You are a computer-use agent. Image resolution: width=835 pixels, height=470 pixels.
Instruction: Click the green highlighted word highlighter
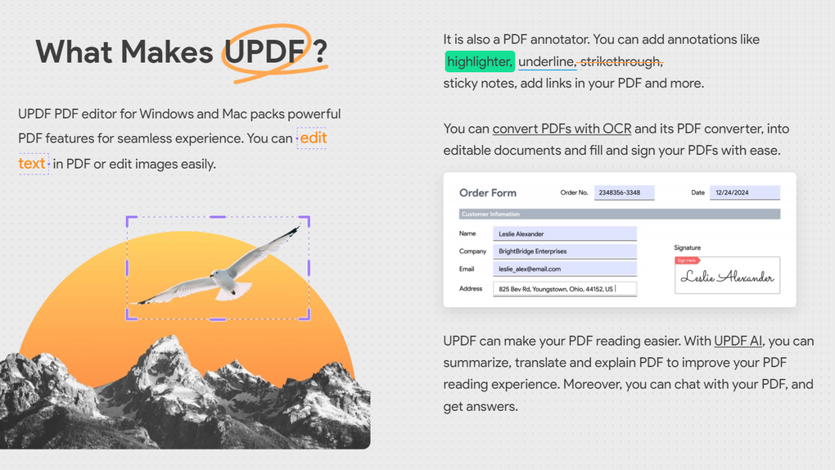click(480, 62)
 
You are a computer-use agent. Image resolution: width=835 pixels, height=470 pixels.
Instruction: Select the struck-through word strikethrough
click(621, 62)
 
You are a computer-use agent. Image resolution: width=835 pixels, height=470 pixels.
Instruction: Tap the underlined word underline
click(547, 62)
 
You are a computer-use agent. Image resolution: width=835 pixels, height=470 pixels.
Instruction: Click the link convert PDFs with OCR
click(562, 129)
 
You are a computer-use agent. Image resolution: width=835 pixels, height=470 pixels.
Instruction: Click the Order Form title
click(488, 193)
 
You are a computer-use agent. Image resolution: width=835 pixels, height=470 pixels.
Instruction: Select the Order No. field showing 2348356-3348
click(624, 193)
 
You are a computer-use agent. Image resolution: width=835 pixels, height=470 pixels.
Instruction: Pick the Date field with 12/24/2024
click(744, 193)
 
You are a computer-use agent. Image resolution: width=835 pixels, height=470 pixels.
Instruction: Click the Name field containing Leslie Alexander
click(565, 234)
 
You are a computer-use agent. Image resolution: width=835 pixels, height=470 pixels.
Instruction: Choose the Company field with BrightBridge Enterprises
click(565, 251)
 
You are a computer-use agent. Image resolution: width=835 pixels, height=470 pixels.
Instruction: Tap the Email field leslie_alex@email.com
click(565, 269)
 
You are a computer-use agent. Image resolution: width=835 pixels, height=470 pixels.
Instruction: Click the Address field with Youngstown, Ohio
click(565, 289)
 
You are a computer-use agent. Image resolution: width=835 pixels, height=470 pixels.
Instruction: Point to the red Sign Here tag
click(687, 260)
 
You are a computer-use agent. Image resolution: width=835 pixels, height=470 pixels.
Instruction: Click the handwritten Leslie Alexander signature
click(727, 278)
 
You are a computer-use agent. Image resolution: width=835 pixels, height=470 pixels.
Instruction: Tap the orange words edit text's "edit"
click(313, 138)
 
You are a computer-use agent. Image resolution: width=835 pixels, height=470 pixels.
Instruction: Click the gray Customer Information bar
click(620, 215)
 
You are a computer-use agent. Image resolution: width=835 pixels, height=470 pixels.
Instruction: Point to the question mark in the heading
click(321, 52)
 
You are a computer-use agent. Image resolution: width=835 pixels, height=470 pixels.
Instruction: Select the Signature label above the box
click(687, 247)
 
